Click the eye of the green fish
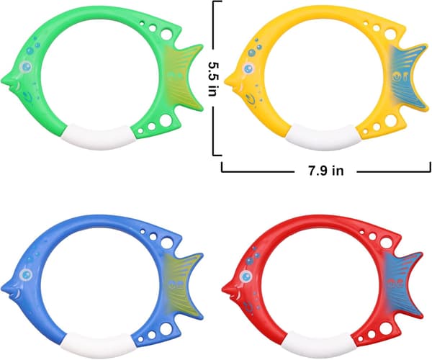point(26,66)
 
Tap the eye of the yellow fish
point(248,68)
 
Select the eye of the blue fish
point(26,274)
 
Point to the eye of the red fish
point(246,276)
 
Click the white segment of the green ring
point(98,137)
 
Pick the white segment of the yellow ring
point(323,138)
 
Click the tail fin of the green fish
point(182,78)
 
